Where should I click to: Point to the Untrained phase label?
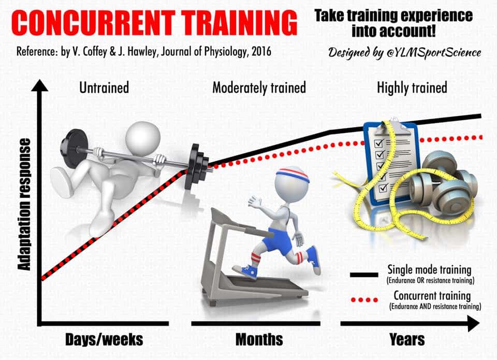104,88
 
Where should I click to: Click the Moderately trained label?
259,88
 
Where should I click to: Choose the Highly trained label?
412,88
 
